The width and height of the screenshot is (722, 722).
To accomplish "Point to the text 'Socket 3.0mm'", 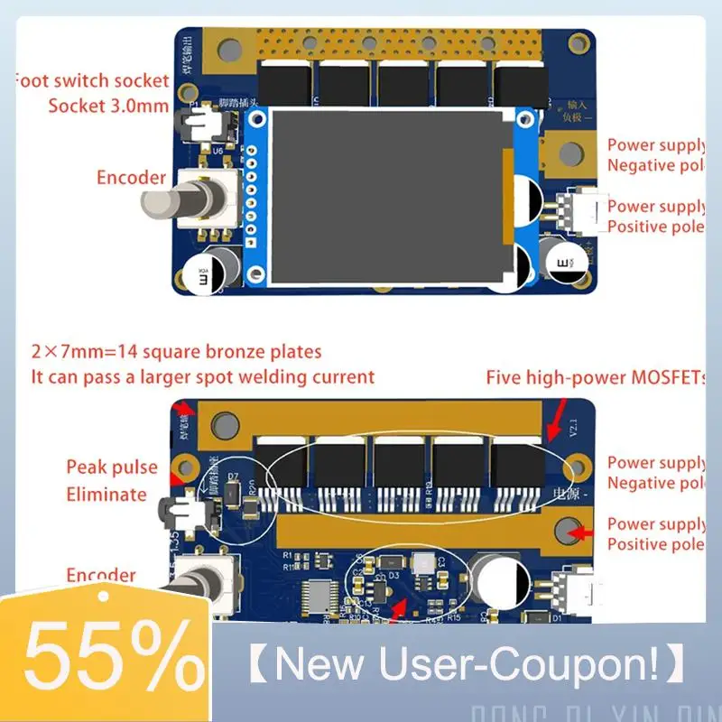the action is point(108,106).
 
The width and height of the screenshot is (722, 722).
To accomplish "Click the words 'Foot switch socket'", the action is point(91,81).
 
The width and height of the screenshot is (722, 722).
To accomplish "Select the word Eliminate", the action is point(106,494).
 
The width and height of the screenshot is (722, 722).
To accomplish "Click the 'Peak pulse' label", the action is point(111,467).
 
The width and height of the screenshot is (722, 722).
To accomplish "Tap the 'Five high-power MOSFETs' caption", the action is point(595,377).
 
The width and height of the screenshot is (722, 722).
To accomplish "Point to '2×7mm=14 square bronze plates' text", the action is point(176,352).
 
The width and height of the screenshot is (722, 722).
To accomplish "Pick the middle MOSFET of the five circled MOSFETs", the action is point(400,464).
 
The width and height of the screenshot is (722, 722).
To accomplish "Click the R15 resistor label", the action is point(453,617).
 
